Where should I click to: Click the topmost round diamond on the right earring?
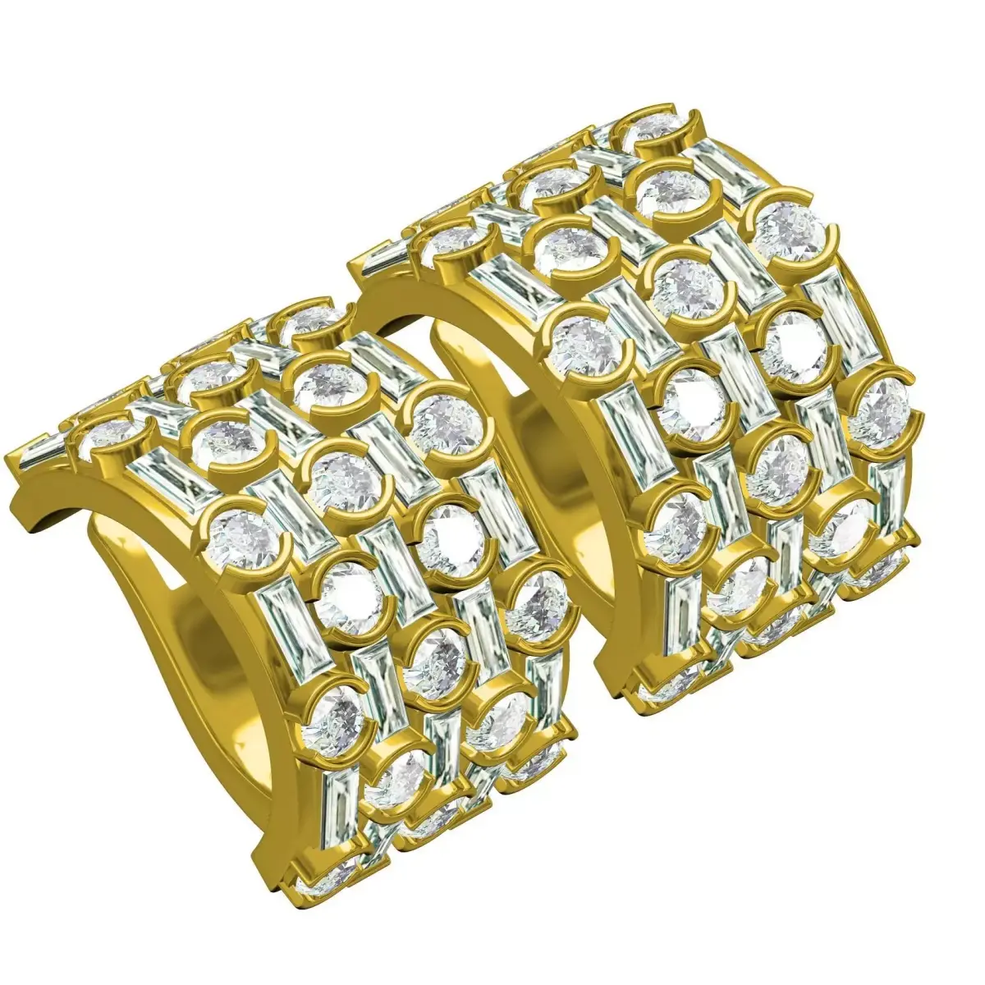(657, 125)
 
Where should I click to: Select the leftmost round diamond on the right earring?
(454, 240)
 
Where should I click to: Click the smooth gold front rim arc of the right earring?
(460, 312)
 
